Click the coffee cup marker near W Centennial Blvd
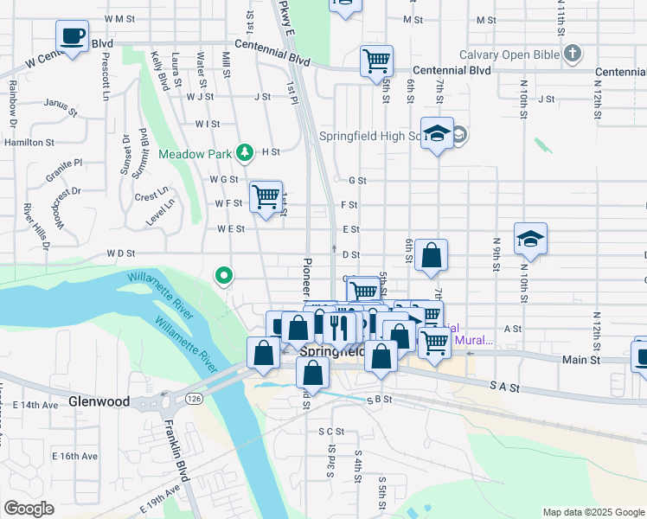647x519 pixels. (73, 36)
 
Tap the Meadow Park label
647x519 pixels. (195, 154)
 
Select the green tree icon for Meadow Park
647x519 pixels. (245, 153)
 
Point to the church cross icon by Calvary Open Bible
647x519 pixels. (572, 54)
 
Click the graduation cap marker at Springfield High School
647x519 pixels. (437, 133)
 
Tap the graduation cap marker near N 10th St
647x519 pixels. (530, 239)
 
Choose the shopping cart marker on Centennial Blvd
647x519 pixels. (376, 61)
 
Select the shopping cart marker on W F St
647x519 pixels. (266, 196)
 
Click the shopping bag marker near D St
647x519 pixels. (431, 255)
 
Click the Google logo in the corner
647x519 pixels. (29, 508)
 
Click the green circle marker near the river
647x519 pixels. (224, 276)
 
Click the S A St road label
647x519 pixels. (504, 389)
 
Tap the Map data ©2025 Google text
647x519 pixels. (593, 512)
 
